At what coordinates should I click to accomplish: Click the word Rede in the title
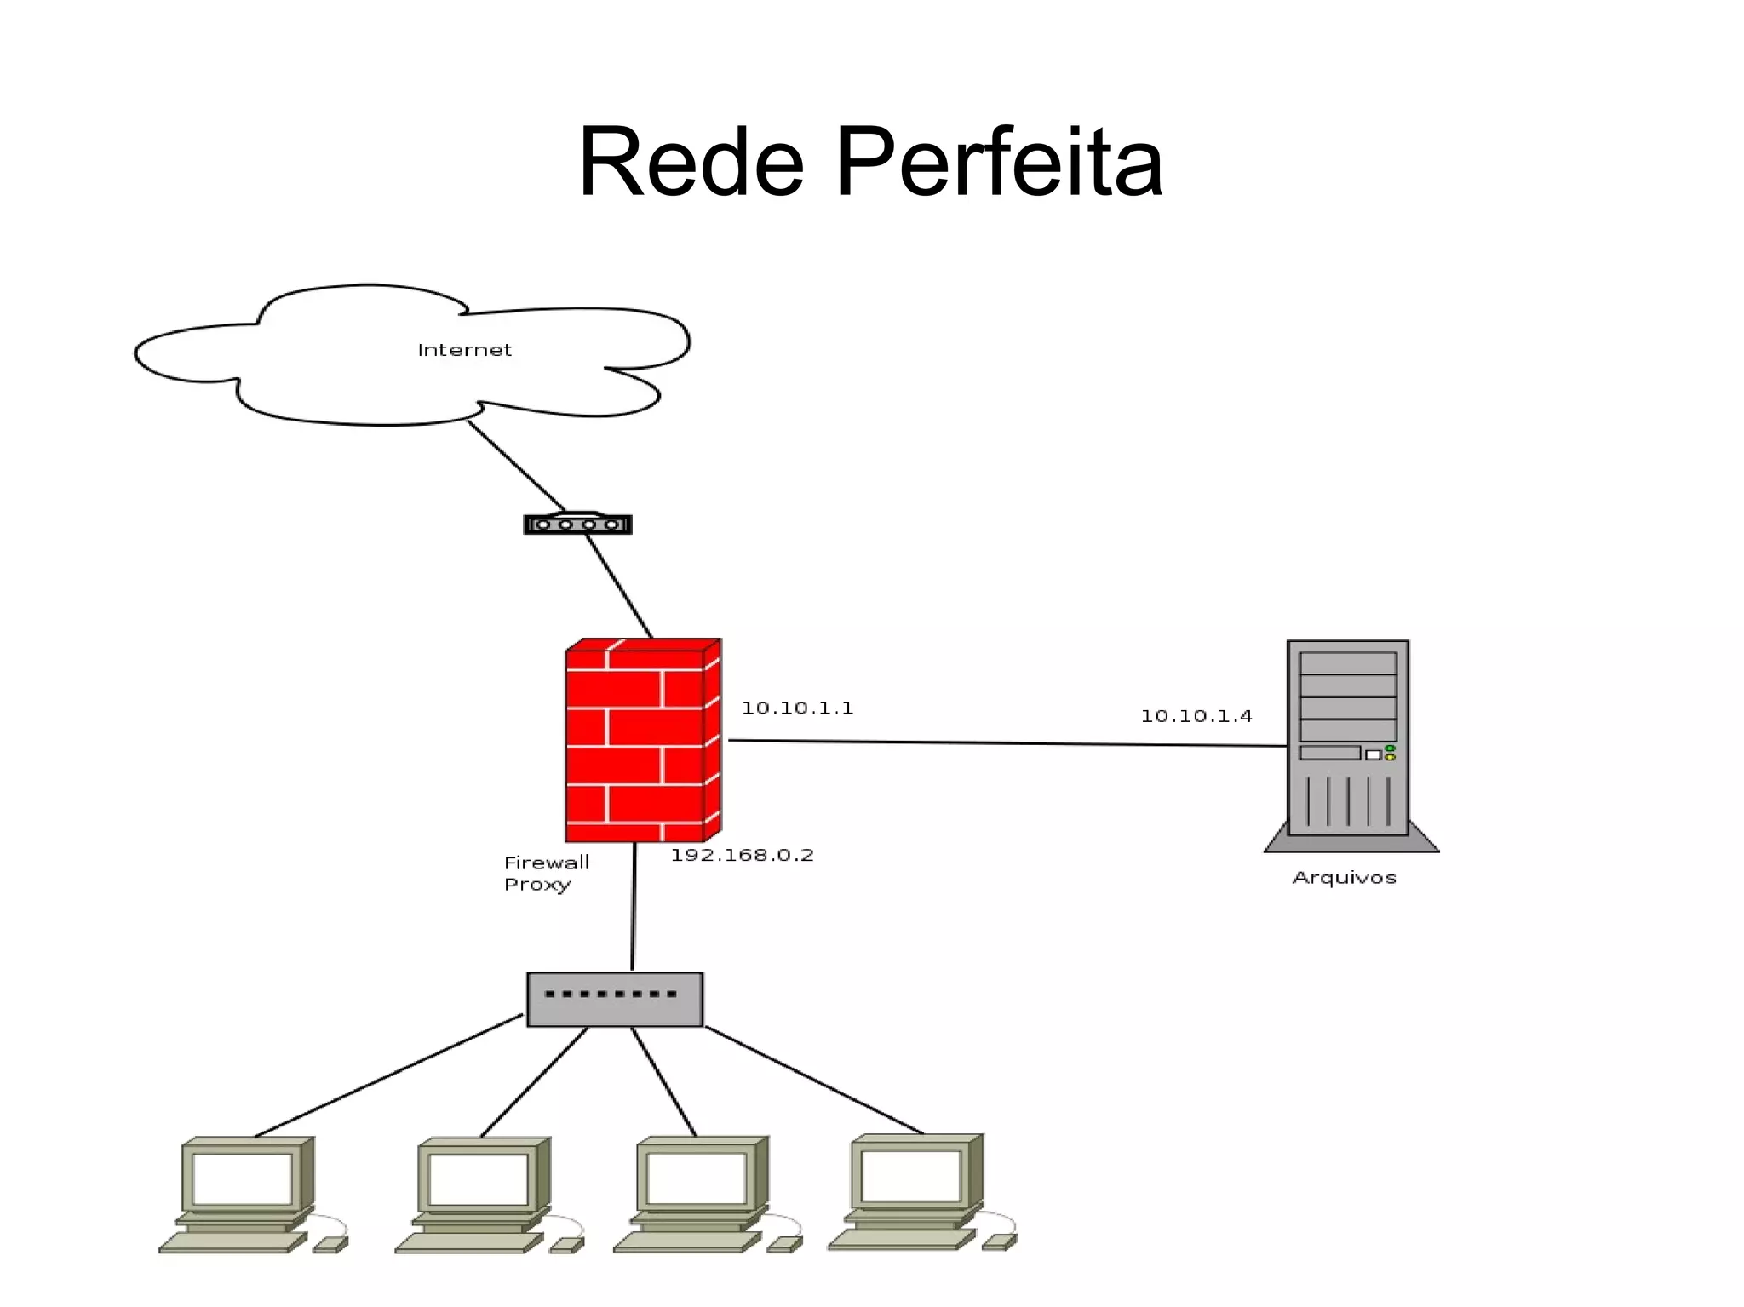click(691, 162)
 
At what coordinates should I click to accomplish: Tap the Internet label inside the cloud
click(464, 350)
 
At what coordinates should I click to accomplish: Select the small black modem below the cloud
click(577, 524)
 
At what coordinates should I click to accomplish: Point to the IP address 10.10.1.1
click(797, 708)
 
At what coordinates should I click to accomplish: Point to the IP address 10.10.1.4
click(1196, 716)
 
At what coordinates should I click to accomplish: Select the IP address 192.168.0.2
click(742, 855)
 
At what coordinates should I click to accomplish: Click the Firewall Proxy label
click(545, 873)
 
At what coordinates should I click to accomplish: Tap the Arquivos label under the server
click(1344, 878)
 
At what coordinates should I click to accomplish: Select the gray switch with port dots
click(615, 1000)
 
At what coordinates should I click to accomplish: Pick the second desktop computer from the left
click(481, 1192)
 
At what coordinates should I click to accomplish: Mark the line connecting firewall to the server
click(1005, 743)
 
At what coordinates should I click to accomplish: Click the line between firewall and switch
click(634, 907)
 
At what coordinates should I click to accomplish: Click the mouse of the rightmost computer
click(999, 1241)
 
